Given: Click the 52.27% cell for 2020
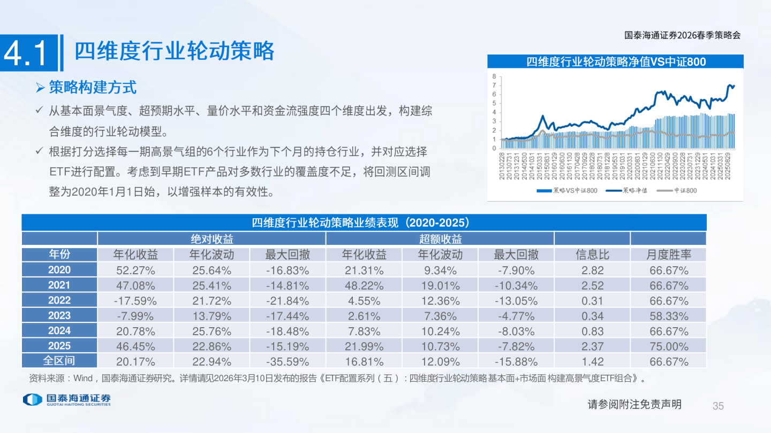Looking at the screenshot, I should pos(135,270).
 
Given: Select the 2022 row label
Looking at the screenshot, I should pos(59,300).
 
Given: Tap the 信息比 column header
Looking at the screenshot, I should pos(592,254).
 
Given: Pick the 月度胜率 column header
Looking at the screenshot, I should pos(668,254).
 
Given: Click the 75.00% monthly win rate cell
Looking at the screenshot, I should pos(669,346).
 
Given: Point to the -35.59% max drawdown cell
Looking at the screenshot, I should pos(288,362).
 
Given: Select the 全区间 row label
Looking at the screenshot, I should pos(59,361).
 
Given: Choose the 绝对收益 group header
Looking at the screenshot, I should pos(211,239).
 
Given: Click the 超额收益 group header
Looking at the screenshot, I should pos(440,239).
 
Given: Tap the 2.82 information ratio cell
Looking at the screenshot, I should pos(592,270).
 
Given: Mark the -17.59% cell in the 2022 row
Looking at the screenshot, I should pos(135,300).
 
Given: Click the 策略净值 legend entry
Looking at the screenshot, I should pos(627,190).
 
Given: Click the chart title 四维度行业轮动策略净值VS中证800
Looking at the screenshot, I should pos(616,62).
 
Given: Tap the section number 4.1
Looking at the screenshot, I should pos(30,53).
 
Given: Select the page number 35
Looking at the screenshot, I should pos(718,406).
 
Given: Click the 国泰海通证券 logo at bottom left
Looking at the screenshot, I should pos(67,399).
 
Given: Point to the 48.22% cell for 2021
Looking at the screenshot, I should pos(364,285).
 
